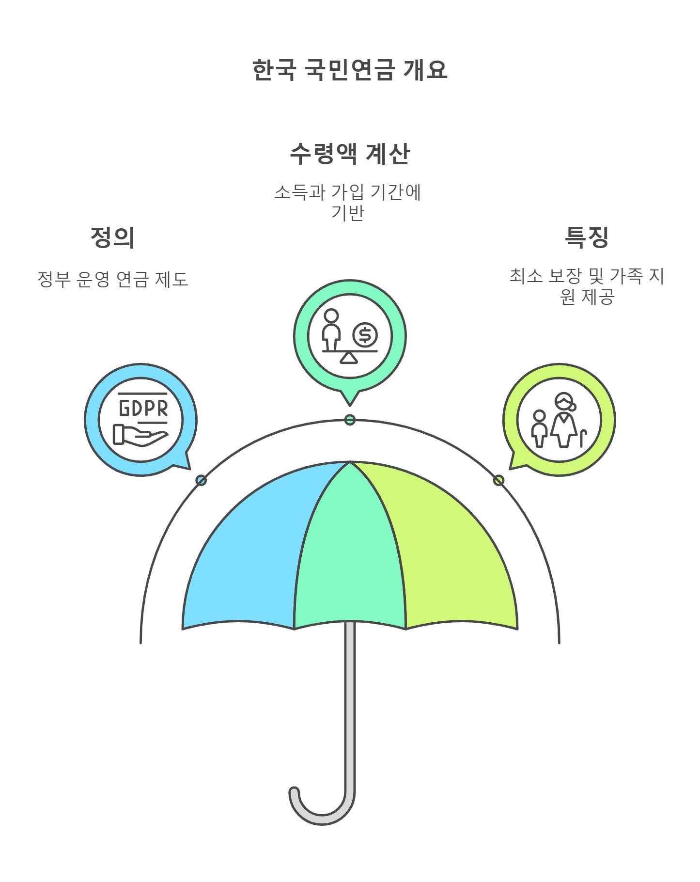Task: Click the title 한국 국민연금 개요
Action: (349, 70)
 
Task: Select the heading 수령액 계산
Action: (349, 154)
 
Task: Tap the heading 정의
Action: (112, 237)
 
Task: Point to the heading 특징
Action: (586, 237)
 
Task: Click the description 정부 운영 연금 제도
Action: (112, 279)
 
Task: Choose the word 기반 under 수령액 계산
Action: (347, 213)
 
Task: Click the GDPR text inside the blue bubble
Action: (143, 408)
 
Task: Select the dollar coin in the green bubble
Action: (365, 335)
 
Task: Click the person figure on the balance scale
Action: (331, 330)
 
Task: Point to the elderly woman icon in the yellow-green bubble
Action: (564, 420)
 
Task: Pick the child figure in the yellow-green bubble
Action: (539, 428)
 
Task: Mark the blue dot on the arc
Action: (201, 480)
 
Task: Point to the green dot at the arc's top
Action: (350, 420)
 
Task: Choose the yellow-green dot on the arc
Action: (498, 480)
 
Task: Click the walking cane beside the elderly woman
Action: (583, 438)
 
